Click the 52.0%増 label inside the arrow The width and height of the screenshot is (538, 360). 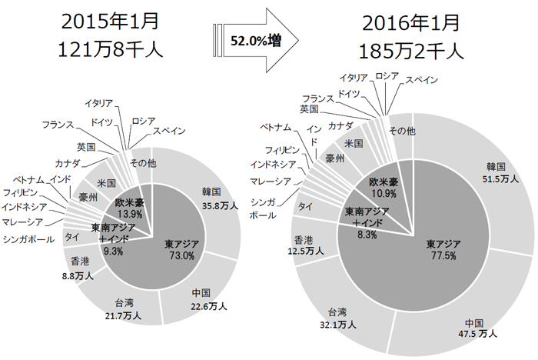pyautogui.click(x=254, y=45)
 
